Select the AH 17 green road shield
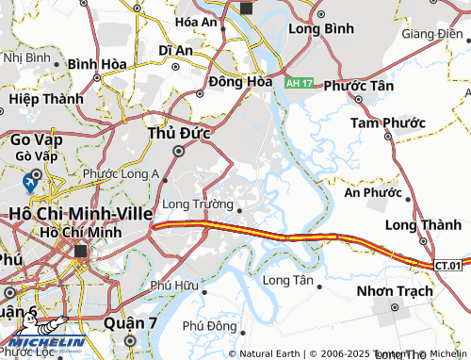pos(299,84)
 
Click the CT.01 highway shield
pos(452,266)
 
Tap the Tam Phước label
pos(388,123)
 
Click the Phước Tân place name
pos(360,84)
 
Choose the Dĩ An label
pos(176,49)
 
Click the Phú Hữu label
pos(173,286)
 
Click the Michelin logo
pos(44,343)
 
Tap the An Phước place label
pos(373,192)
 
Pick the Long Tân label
pos(288,280)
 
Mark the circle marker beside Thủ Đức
pos(179,151)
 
